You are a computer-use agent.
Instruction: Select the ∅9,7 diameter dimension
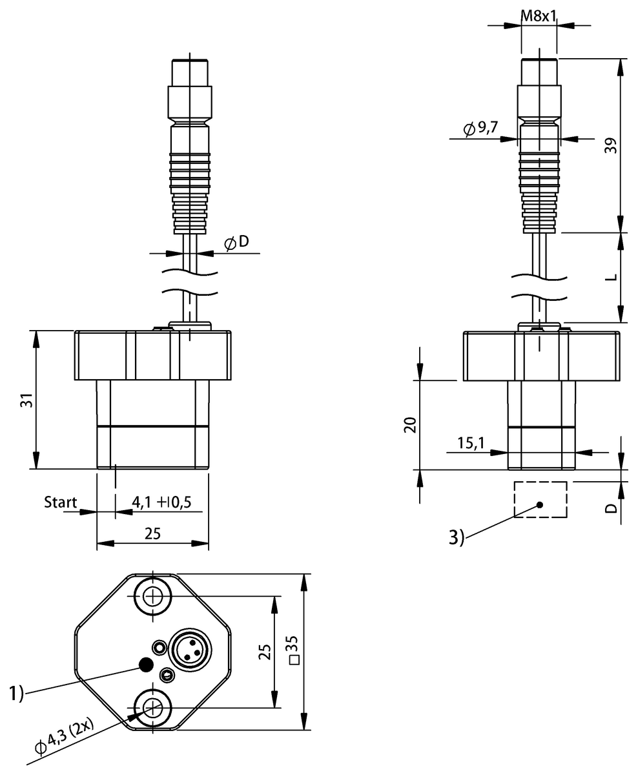(x=481, y=129)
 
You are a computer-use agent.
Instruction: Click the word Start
(x=60, y=502)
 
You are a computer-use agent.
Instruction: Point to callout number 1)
(x=16, y=694)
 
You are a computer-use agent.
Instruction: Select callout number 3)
(x=456, y=537)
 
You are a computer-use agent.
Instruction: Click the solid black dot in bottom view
(x=147, y=665)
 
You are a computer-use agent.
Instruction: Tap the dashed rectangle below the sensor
(x=540, y=500)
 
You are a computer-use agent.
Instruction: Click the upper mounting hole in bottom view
(x=153, y=596)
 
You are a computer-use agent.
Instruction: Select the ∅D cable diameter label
(x=236, y=243)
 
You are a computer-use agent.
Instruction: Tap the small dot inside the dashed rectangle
(x=540, y=504)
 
